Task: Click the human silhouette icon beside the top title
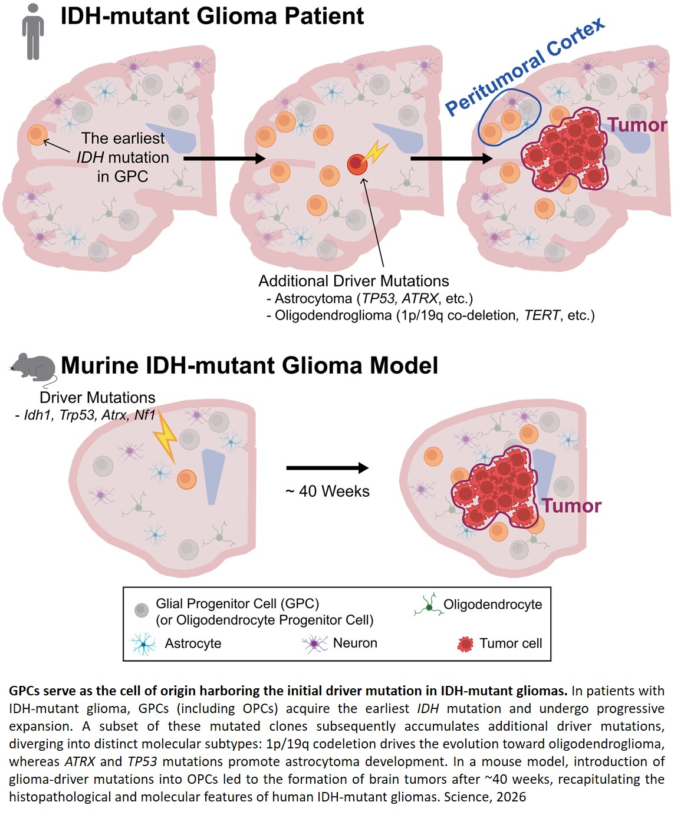click(x=33, y=32)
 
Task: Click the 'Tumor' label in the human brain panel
click(x=637, y=125)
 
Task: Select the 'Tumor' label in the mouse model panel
click(x=571, y=506)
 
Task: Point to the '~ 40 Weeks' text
click(x=328, y=491)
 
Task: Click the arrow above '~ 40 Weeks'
click(x=327, y=468)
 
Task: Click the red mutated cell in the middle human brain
click(x=357, y=164)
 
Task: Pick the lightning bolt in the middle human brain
click(x=375, y=153)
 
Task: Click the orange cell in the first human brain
click(x=37, y=135)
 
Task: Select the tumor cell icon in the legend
click(x=465, y=644)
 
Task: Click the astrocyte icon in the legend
click(x=143, y=644)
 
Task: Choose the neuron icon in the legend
click(x=315, y=644)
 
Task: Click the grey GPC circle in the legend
click(x=142, y=610)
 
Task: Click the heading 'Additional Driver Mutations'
click(x=353, y=281)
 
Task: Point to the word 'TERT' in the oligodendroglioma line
click(x=541, y=315)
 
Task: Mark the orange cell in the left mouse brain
click(x=187, y=479)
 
